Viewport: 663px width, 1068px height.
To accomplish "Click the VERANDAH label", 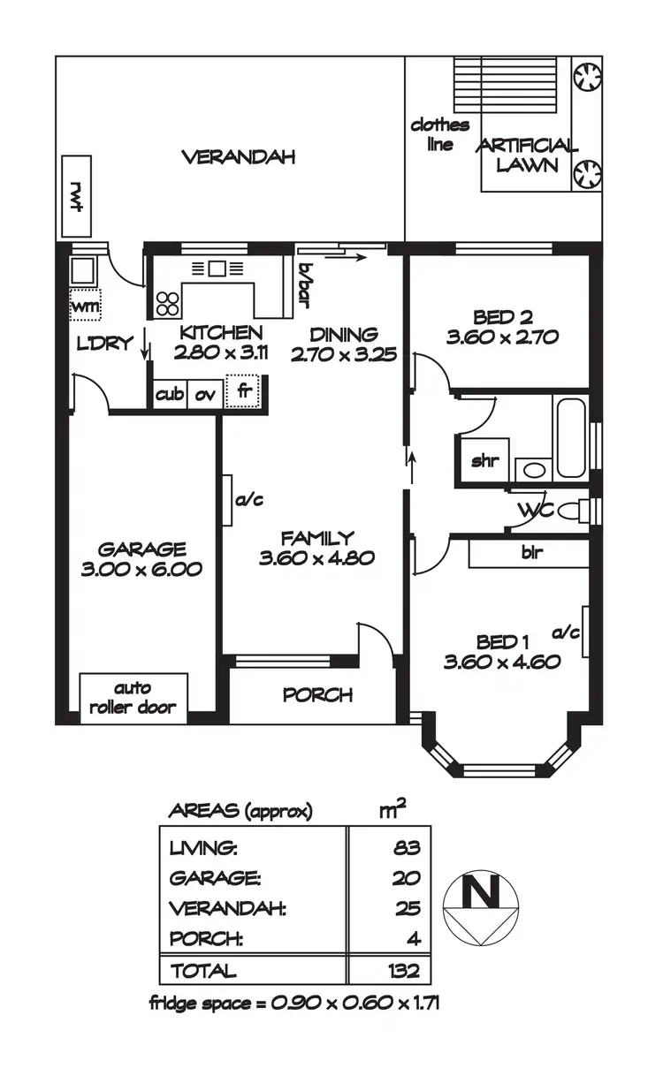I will click(x=238, y=157).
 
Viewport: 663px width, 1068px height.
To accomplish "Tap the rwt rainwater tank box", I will click(x=78, y=196).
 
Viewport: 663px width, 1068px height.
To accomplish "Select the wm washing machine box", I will click(x=86, y=305).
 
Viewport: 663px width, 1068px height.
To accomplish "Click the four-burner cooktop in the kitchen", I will click(x=168, y=302).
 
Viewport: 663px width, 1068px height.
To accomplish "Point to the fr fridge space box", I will click(x=245, y=391).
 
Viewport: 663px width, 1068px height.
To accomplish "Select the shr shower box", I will click(x=483, y=460).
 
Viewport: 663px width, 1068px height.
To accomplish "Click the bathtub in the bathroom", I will click(x=571, y=436).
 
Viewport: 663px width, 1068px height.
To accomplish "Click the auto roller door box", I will click(x=133, y=698).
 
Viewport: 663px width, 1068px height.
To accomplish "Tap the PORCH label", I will click(x=317, y=694).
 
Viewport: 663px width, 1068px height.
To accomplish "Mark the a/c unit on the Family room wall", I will click(x=227, y=501).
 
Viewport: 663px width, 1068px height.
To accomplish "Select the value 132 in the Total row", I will click(x=402, y=971).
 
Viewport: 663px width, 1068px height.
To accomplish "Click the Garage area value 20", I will click(x=408, y=878).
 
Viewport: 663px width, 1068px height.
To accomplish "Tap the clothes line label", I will click(x=439, y=134).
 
